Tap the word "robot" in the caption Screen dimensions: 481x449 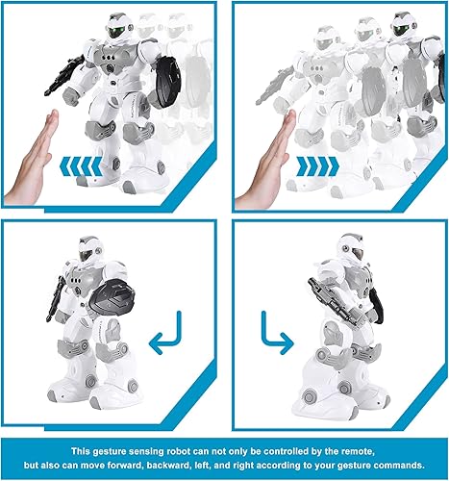pos(177,447)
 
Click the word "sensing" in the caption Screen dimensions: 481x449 pos(142,447)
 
